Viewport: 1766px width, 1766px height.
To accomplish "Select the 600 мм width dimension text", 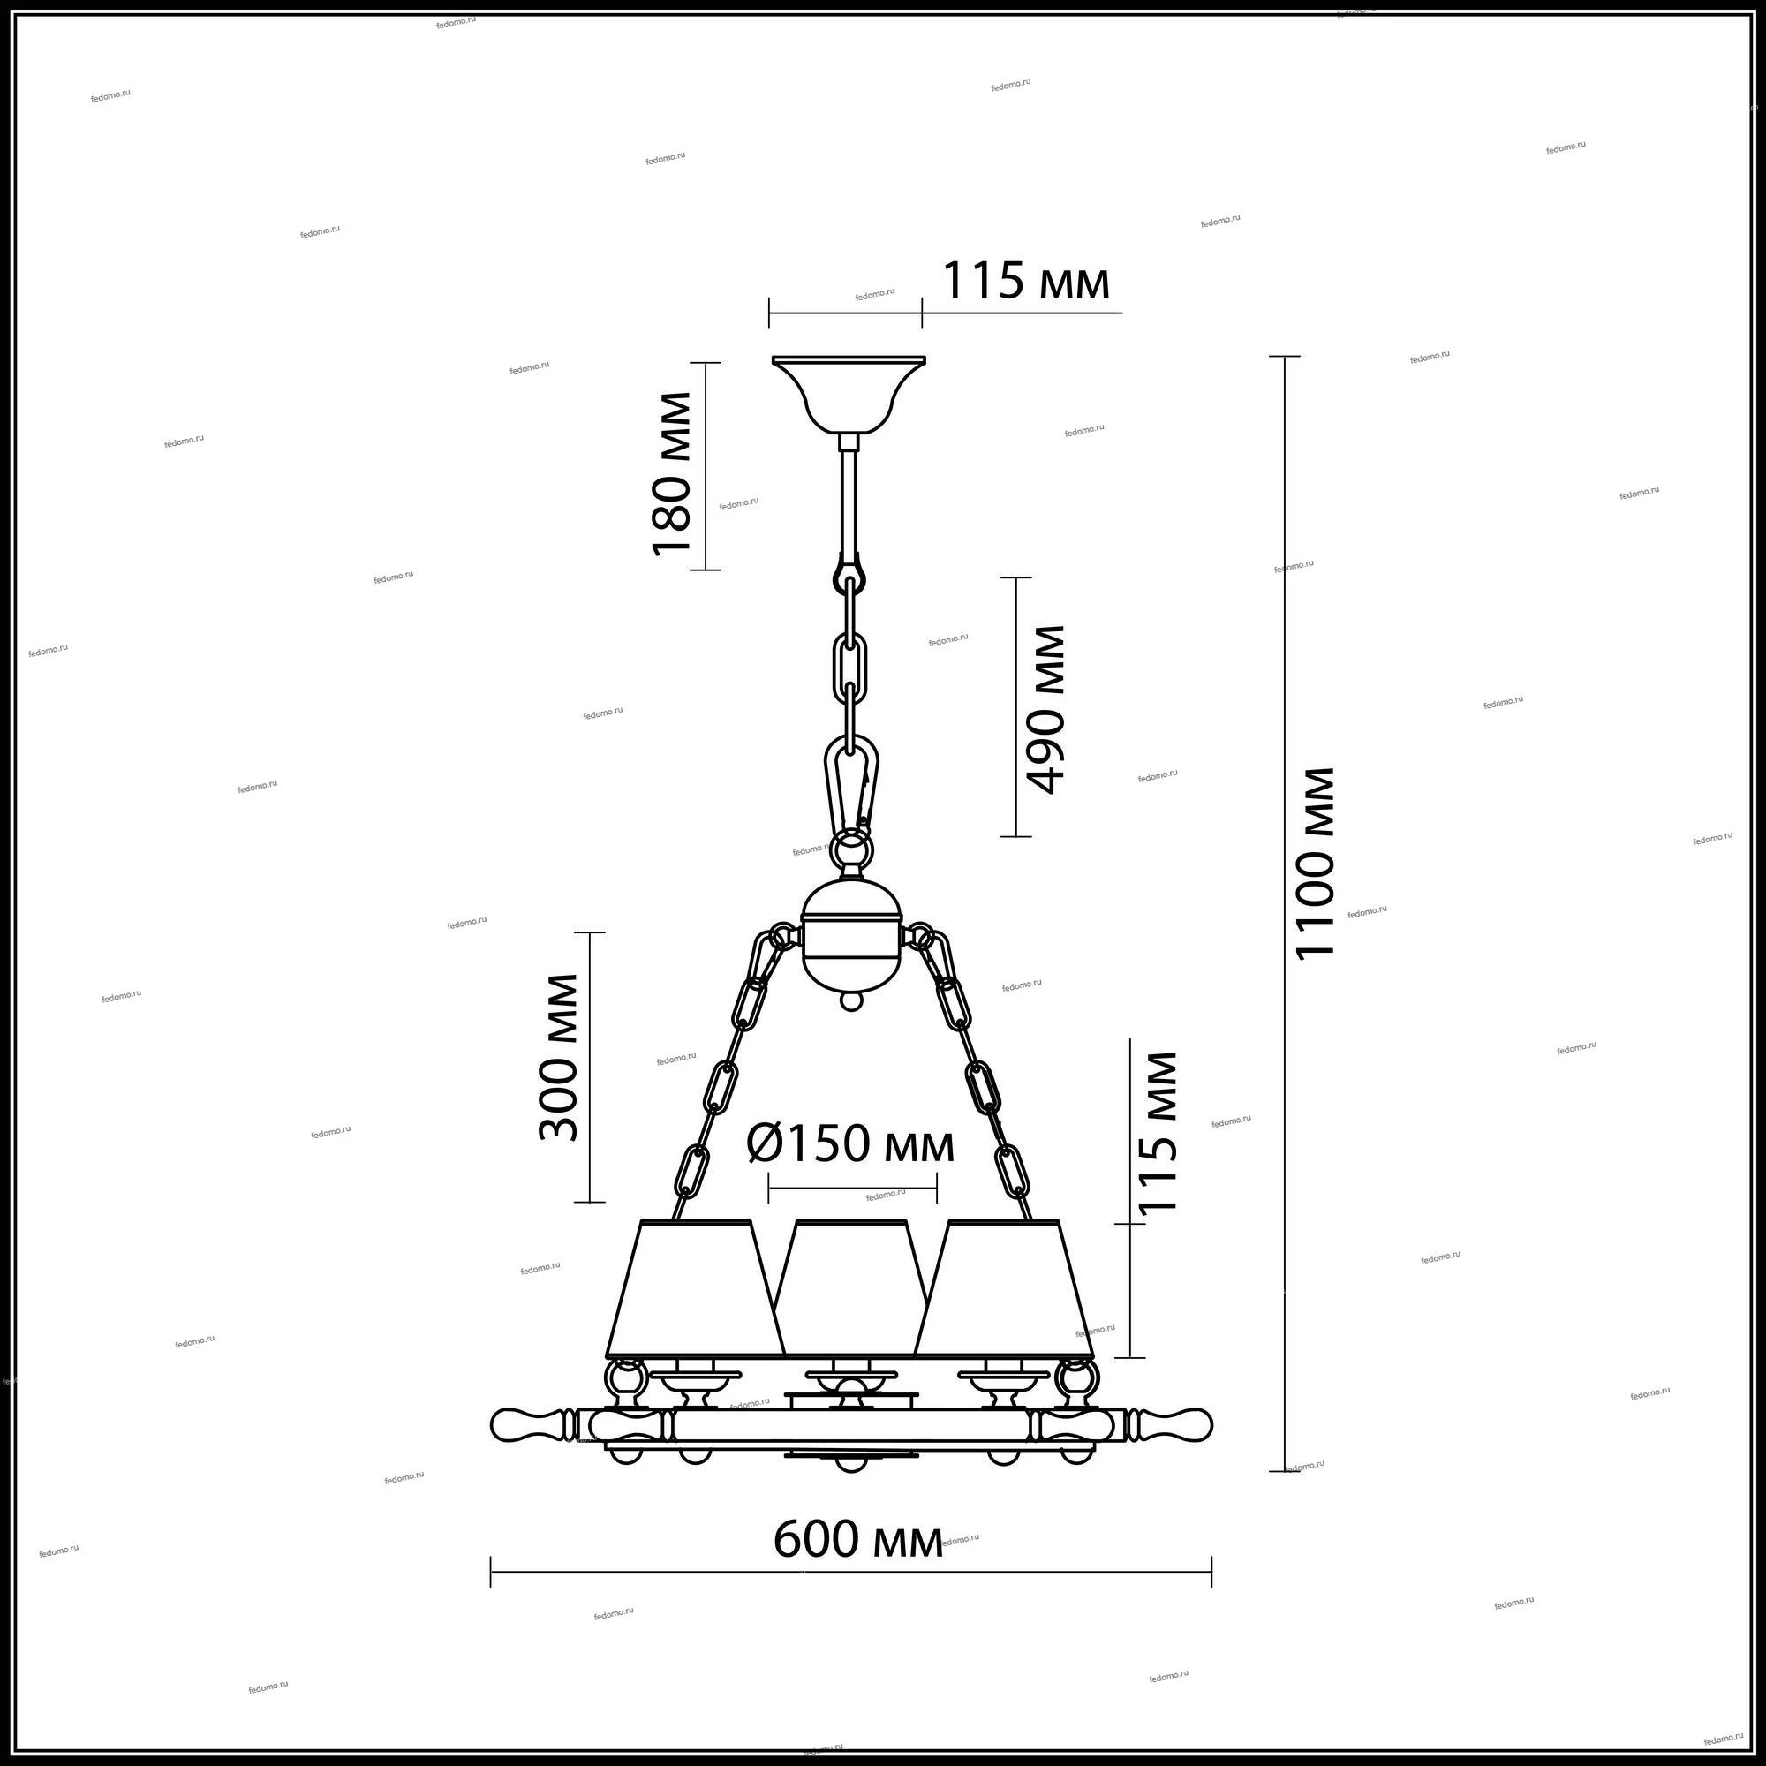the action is pyautogui.click(x=858, y=1539).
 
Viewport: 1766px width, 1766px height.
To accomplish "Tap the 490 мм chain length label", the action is pyautogui.click(x=1045, y=709).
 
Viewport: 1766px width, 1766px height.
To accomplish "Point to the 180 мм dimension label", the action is pyautogui.click(x=671, y=473).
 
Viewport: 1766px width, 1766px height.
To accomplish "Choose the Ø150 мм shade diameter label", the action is pyautogui.click(x=851, y=1143).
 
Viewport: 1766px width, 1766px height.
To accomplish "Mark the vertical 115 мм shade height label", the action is pyautogui.click(x=1158, y=1132).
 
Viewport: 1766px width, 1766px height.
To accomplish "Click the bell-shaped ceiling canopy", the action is pyautogui.click(x=848, y=394).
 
